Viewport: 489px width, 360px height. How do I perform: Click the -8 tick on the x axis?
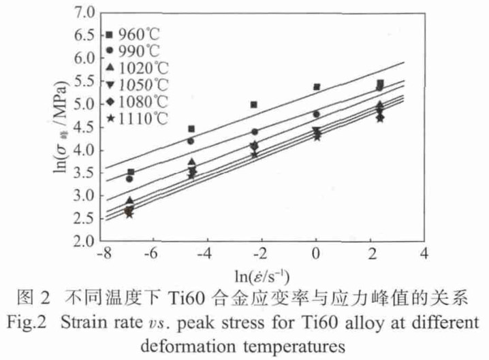pos(100,255)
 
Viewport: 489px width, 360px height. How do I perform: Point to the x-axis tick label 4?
pos(425,255)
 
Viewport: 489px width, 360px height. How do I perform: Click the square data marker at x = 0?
pos(317,87)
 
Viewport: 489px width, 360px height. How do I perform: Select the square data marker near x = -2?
pos(253,105)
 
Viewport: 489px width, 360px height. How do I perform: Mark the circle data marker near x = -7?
pos(129,178)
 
